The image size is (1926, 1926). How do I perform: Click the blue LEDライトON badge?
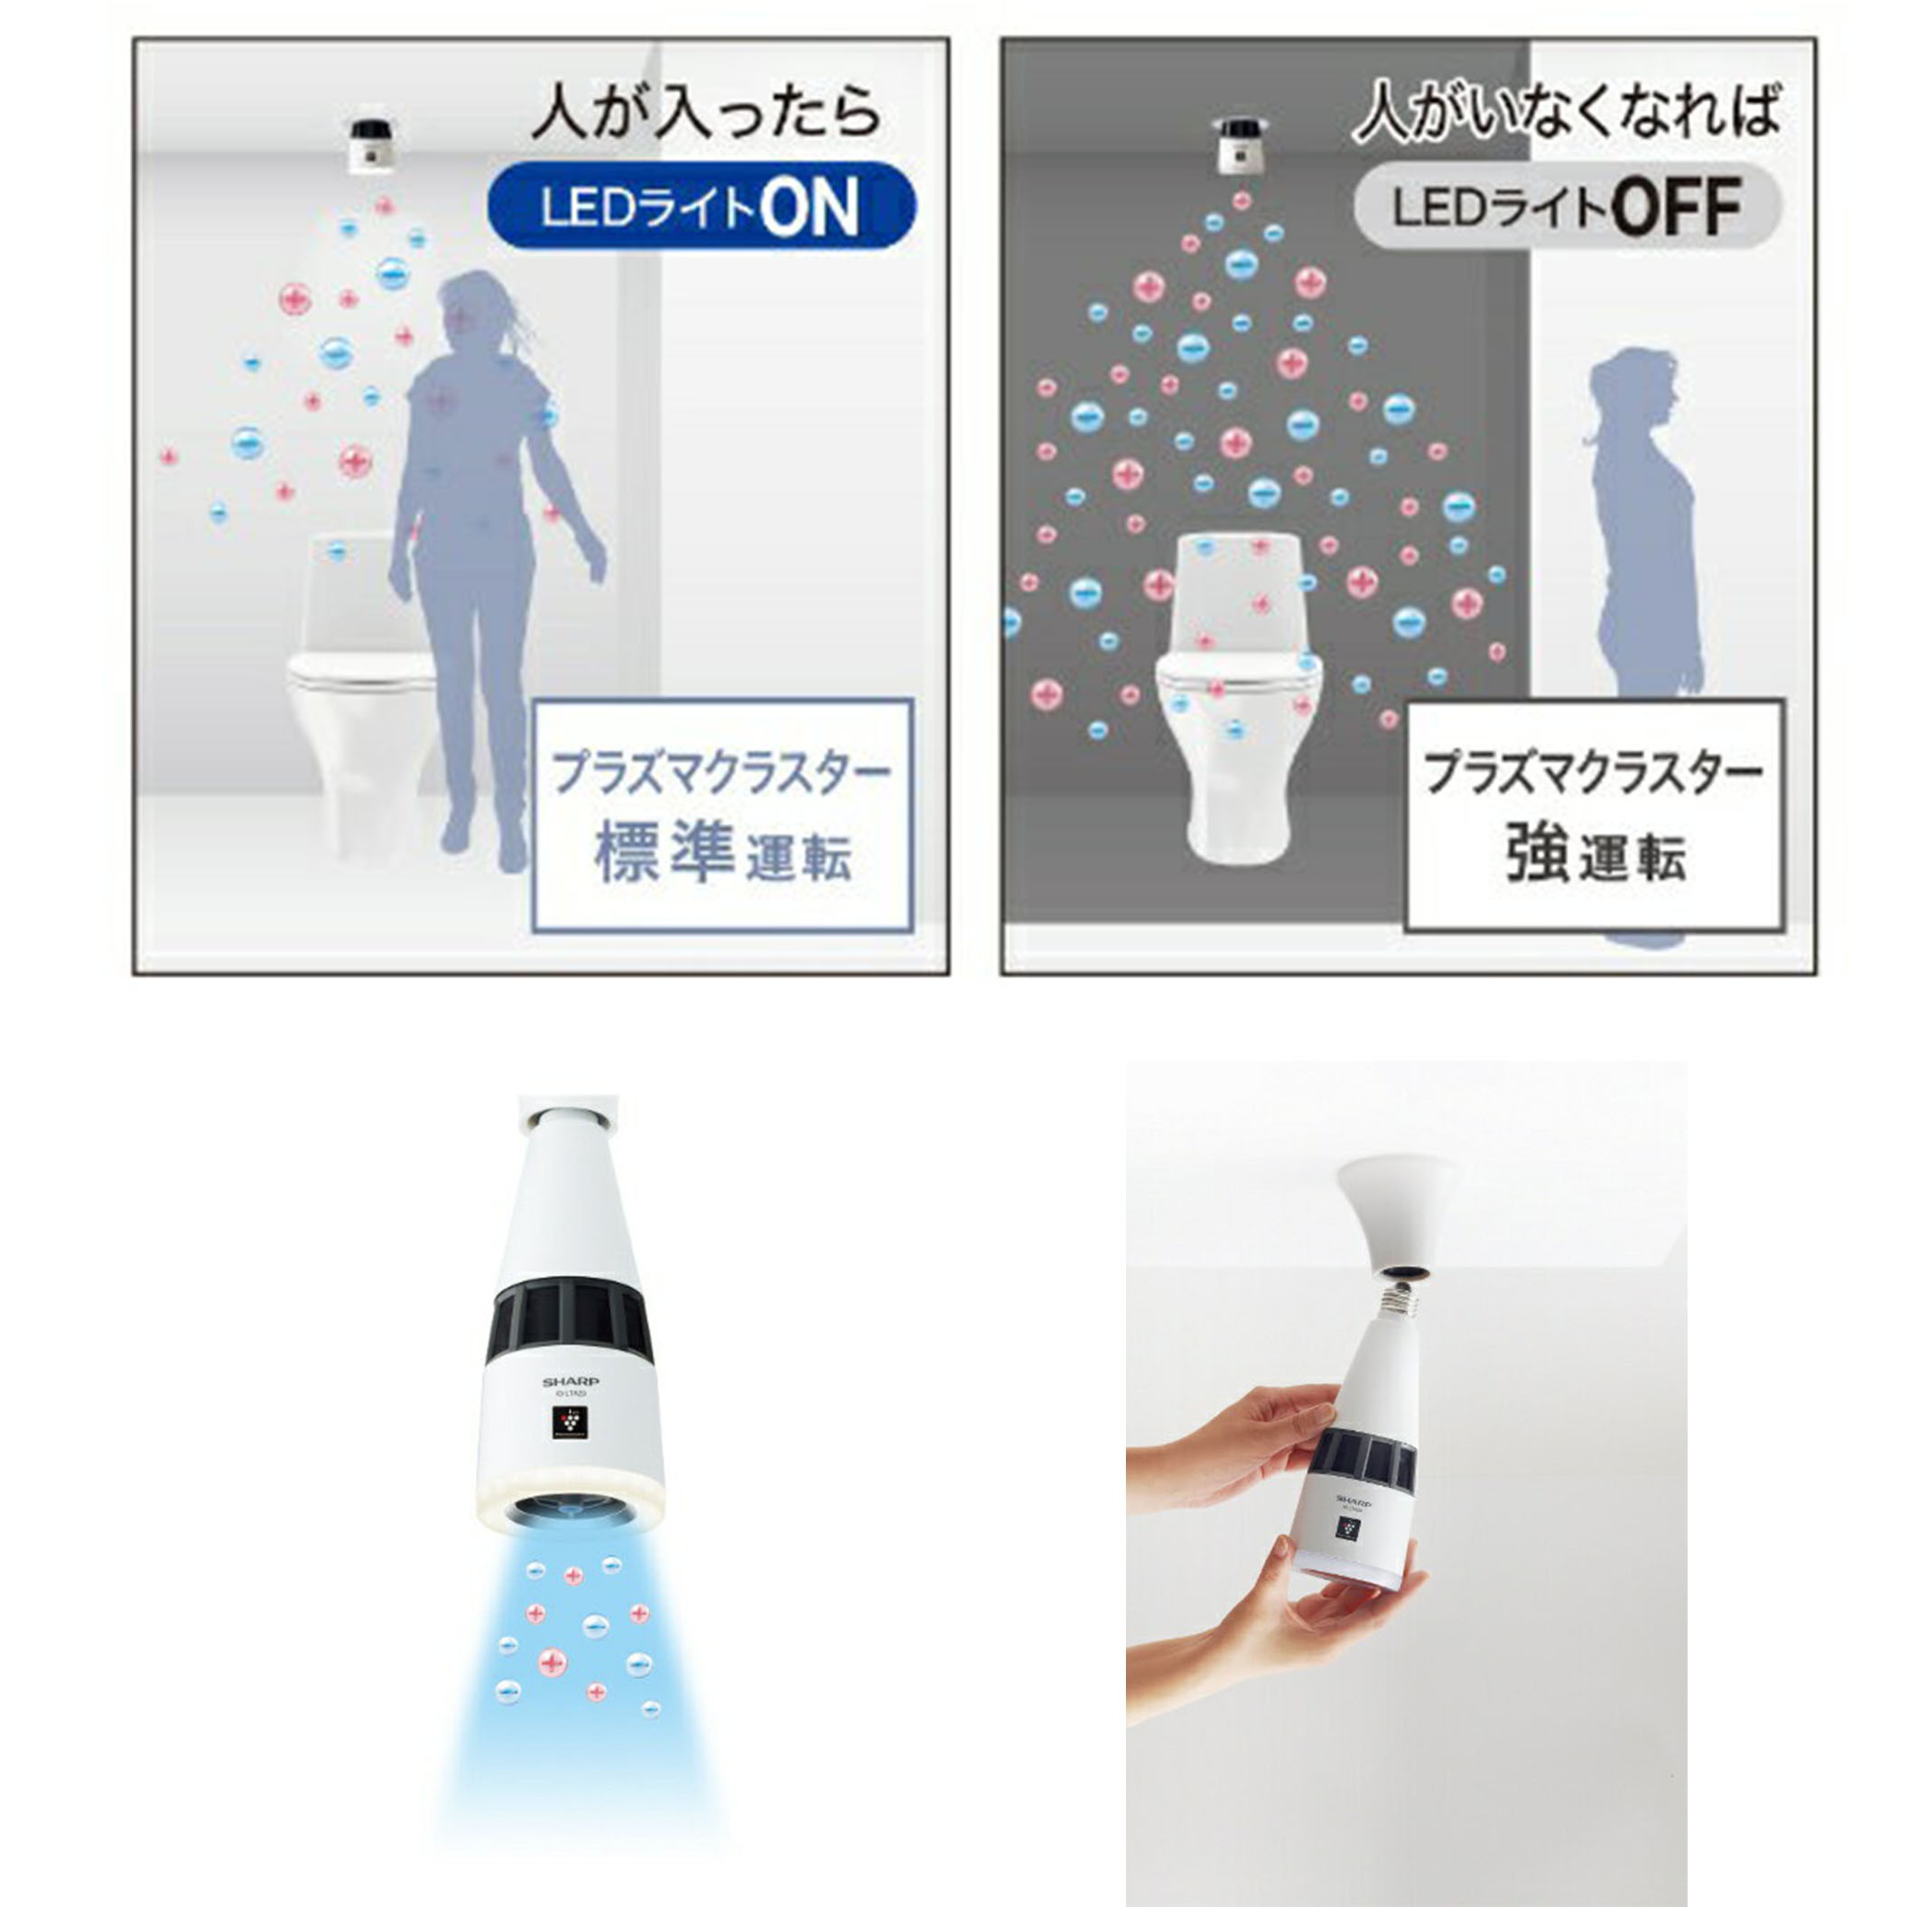(700, 205)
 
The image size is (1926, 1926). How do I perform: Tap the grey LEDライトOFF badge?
(1566, 208)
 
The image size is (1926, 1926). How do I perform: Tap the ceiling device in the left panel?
(372, 144)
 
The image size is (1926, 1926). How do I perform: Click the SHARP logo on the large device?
(571, 1382)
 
